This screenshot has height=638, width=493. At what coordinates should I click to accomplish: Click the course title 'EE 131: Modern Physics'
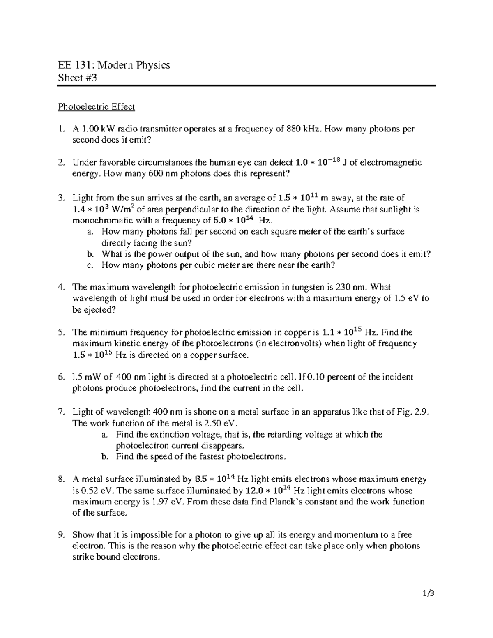point(114,65)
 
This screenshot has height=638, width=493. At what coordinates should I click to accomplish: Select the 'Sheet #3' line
point(77,78)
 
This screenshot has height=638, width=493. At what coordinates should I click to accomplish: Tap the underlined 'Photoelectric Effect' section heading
point(96,107)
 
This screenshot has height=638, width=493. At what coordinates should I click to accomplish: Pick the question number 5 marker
point(61,332)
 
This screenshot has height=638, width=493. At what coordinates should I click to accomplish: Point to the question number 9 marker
point(61,535)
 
